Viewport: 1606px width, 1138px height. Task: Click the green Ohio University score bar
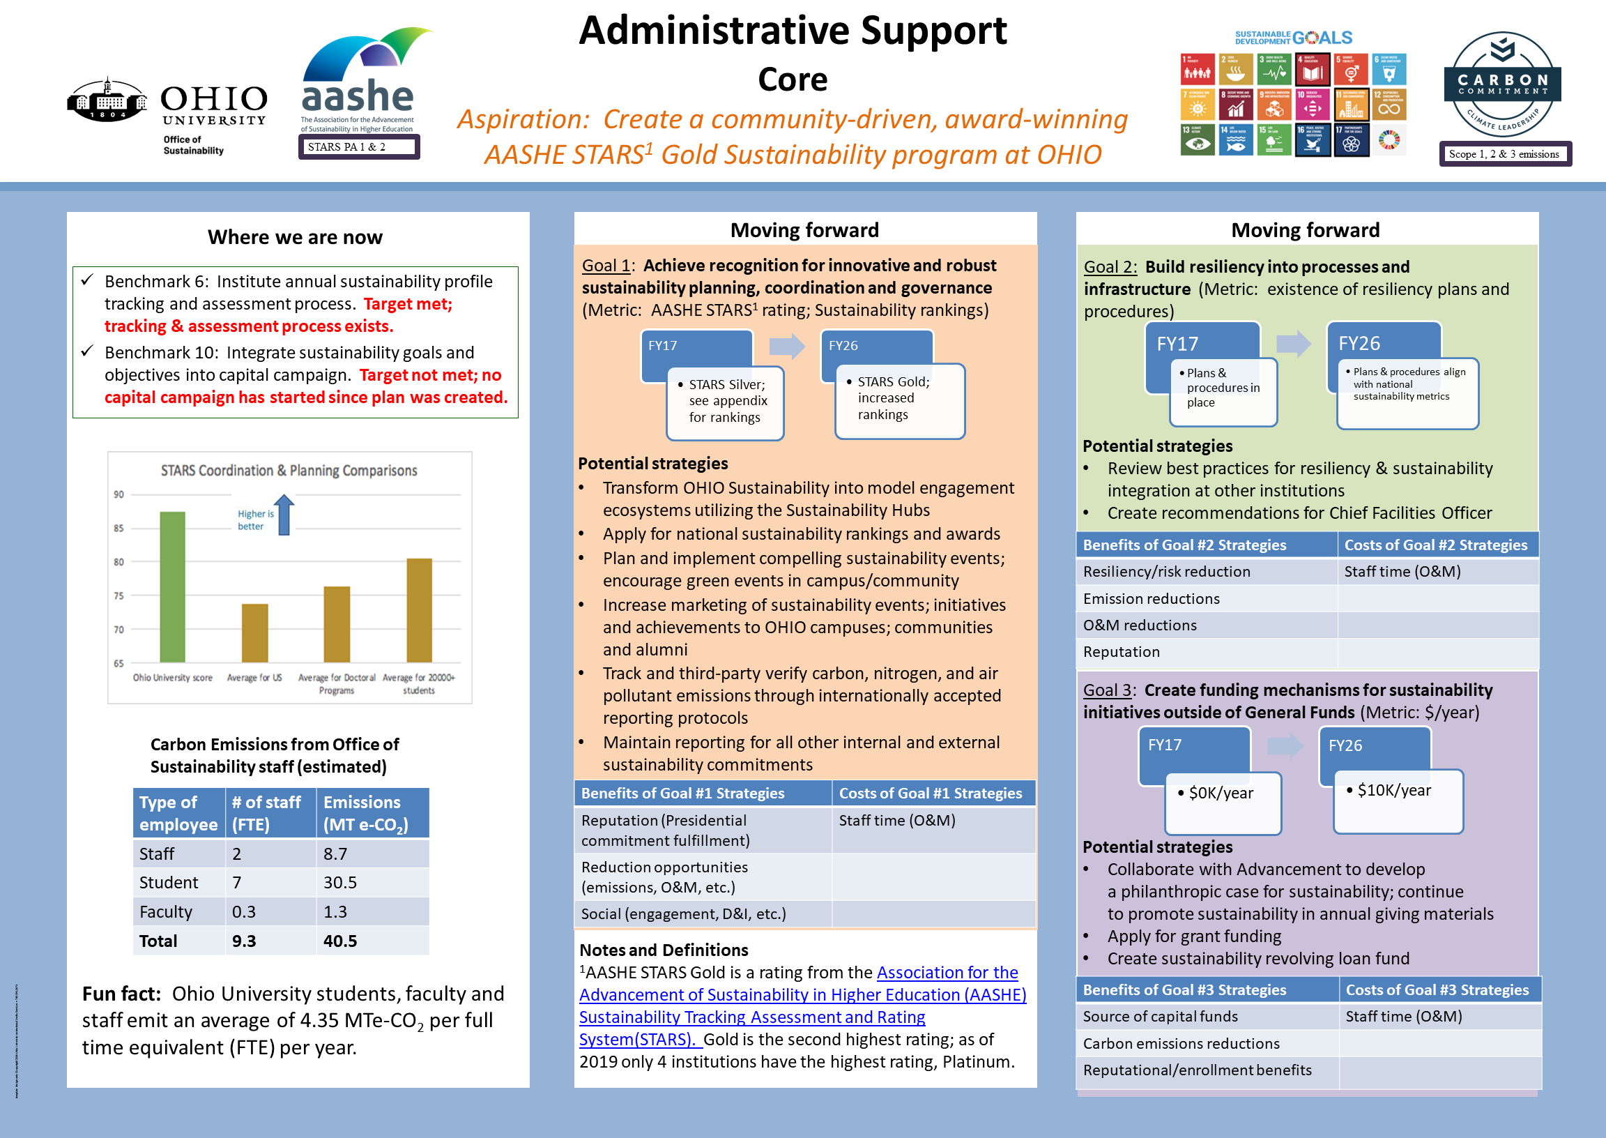click(x=172, y=587)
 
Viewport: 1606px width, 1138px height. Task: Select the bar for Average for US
click(x=255, y=632)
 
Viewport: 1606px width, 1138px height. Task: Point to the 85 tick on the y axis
click(x=119, y=529)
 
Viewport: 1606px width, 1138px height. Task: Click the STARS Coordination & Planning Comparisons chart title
click(x=289, y=470)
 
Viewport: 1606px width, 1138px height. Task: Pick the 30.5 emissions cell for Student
click(x=340, y=882)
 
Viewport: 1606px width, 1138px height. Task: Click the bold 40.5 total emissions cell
click(x=340, y=941)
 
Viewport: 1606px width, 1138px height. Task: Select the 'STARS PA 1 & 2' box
click(x=358, y=147)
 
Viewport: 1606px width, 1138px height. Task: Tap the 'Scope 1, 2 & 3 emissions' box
click(x=1504, y=154)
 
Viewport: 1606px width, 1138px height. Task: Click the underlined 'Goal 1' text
click(x=606, y=266)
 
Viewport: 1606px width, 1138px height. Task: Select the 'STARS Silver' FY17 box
click(x=725, y=402)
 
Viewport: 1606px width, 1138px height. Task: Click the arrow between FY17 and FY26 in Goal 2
click(x=1293, y=343)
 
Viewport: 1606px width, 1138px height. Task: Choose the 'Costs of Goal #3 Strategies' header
click(x=1437, y=989)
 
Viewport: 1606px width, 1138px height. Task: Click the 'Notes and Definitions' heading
click(x=664, y=950)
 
